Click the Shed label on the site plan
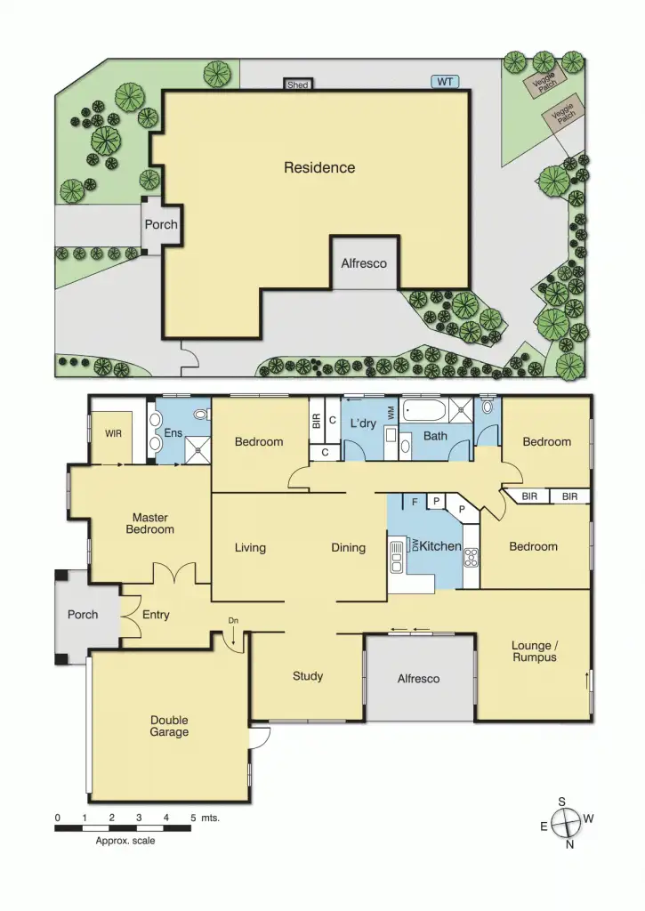pos(298,85)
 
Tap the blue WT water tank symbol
pos(445,82)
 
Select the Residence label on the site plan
pos(319,167)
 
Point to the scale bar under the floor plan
pos(124,828)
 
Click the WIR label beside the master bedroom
pos(113,435)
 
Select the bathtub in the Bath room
pos(424,411)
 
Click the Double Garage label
pos(169,726)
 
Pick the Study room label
pos(308,676)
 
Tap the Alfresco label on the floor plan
pos(418,679)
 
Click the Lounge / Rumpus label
pos(535,651)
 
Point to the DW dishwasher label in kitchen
pos(414,544)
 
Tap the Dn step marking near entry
pos(233,620)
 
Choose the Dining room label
pos(349,548)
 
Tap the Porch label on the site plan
pos(161,224)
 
